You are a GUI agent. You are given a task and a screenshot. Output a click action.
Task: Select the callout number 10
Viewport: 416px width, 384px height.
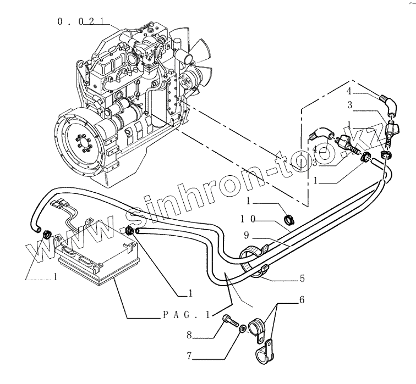[247, 219]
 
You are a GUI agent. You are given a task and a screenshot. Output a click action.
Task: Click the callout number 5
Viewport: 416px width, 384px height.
[302, 279]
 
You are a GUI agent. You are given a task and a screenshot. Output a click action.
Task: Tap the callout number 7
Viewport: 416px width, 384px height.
[189, 356]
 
